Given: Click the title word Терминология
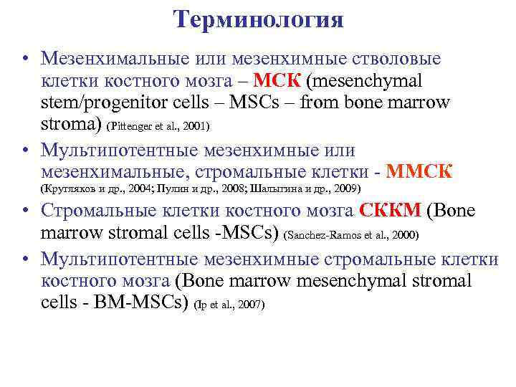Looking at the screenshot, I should tap(258, 19).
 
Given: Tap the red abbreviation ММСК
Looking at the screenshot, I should tap(419, 171).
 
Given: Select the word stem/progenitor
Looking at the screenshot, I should tap(98, 102).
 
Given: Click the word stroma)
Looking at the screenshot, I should tap(72, 125).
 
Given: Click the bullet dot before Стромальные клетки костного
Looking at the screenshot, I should tap(24, 212).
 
